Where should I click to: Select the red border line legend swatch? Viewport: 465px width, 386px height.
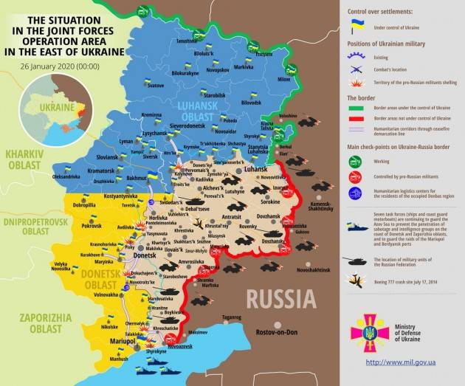tap(356, 118)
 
